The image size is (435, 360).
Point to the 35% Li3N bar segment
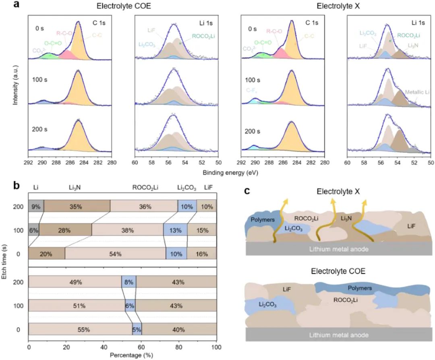point(77,206)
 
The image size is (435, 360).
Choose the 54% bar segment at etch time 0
point(115,254)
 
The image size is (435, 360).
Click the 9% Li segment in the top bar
point(36,206)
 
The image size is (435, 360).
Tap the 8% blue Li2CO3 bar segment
point(129,282)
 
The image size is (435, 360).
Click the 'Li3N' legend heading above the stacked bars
point(76,187)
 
